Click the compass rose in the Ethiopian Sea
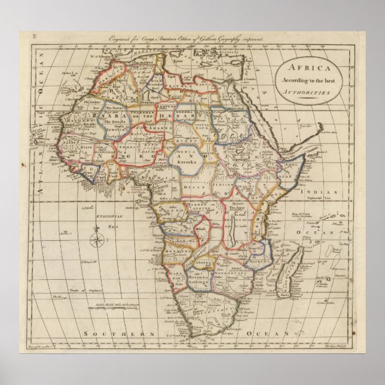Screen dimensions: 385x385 [96, 241]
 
